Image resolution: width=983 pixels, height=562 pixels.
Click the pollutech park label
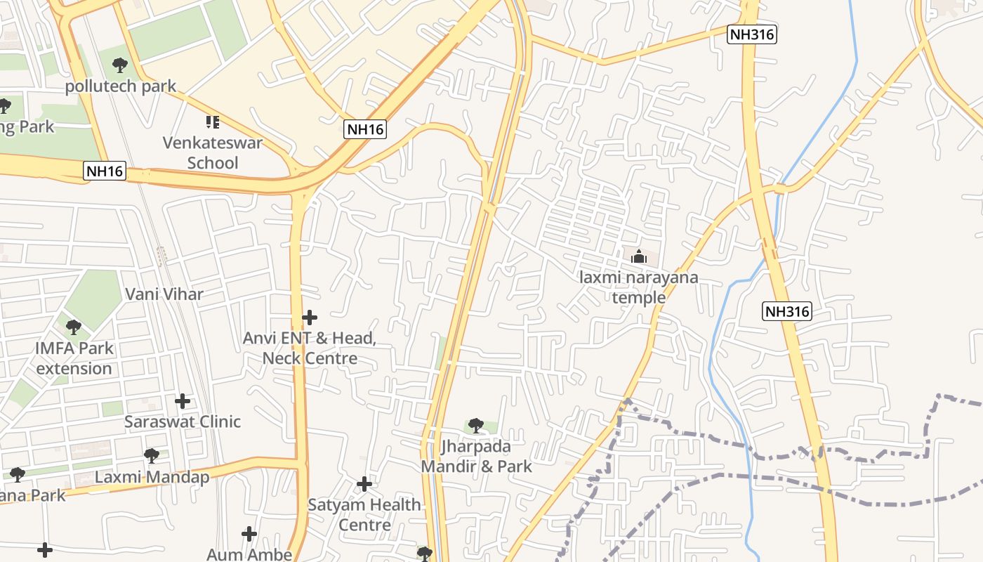pyautogui.click(x=121, y=86)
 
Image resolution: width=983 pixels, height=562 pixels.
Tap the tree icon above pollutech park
pyautogui.click(x=120, y=66)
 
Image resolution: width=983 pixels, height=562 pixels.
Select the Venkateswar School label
pyautogui.click(x=213, y=153)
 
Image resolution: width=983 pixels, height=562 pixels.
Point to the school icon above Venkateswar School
pyautogui.click(x=213, y=122)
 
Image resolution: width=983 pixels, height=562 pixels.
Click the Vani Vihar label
pyautogui.click(x=164, y=294)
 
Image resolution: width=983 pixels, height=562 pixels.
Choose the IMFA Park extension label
pyautogui.click(x=74, y=358)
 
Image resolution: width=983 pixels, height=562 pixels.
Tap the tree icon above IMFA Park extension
pyautogui.click(x=73, y=327)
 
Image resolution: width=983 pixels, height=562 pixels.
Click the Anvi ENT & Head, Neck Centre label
pyautogui.click(x=310, y=348)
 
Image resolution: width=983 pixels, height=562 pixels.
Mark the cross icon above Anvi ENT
pyautogui.click(x=310, y=318)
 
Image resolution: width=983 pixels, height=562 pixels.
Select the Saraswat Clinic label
pyautogui.click(x=183, y=421)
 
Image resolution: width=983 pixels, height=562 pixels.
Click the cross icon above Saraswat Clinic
pyautogui.click(x=183, y=401)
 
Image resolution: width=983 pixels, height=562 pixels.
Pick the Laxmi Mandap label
pyautogui.click(x=152, y=478)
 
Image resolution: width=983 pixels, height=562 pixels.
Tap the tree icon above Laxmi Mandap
pyautogui.click(x=152, y=457)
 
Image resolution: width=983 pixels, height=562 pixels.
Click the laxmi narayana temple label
pyautogui.click(x=639, y=287)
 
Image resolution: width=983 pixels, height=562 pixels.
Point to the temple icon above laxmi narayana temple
pyautogui.click(x=638, y=256)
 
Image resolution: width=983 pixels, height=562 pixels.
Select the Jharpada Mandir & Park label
pyautogui.click(x=476, y=456)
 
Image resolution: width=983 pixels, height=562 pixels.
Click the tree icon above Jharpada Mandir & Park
pyautogui.click(x=476, y=425)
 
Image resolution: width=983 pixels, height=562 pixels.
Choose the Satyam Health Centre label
pyautogui.click(x=364, y=515)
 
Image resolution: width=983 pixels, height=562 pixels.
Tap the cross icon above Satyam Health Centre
pyautogui.click(x=364, y=484)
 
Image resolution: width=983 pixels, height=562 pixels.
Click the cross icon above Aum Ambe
pyautogui.click(x=249, y=534)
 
